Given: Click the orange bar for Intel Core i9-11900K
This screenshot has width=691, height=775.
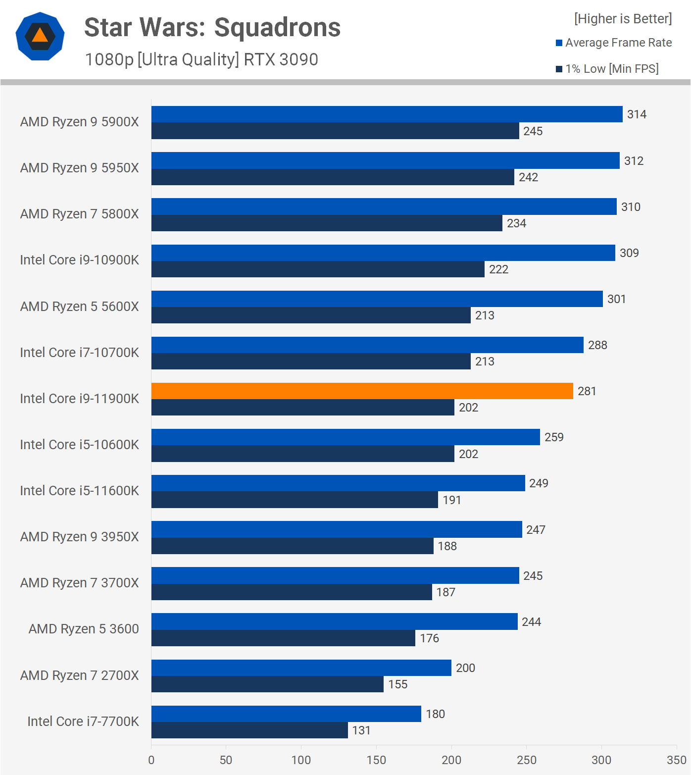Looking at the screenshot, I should (362, 391).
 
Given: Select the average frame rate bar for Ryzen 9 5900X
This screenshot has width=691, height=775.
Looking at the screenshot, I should (387, 114).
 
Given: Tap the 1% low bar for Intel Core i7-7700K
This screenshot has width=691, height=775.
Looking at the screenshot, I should (249, 730).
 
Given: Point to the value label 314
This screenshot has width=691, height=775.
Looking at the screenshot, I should (637, 114).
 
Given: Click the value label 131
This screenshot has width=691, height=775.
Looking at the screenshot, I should (361, 730).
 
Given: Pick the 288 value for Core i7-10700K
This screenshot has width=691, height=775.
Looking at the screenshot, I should (597, 345).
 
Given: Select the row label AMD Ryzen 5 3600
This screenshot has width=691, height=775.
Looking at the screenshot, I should (84, 629).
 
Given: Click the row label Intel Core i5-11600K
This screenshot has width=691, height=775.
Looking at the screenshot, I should (79, 491).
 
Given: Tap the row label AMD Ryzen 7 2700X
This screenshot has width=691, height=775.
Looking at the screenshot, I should (79, 675).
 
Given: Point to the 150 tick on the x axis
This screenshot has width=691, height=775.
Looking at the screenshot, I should (376, 760).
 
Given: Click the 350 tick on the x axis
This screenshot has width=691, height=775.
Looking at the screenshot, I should (676, 760).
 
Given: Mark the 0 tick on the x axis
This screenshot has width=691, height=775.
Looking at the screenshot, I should (151, 760).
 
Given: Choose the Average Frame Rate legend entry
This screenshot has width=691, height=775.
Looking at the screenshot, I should (614, 43).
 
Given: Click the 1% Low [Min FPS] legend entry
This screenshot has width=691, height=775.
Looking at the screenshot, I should (607, 69).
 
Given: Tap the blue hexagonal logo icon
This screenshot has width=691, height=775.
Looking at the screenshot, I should (40, 36).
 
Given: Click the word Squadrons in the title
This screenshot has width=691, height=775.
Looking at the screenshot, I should (277, 27).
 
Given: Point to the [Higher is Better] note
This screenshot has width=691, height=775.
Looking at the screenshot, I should (623, 19).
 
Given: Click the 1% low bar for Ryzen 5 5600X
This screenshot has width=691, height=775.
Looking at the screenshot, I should (311, 315).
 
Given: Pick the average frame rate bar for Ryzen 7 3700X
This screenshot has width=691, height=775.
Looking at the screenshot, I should (335, 575).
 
